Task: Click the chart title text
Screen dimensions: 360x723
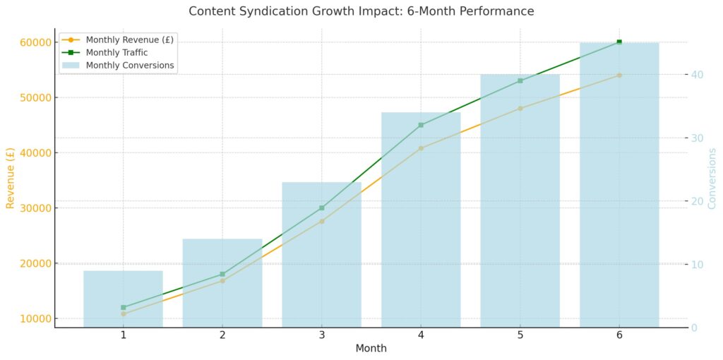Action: coord(361,11)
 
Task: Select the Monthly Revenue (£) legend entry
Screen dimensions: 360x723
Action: coord(129,40)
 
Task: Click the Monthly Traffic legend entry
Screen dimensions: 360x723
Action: coord(116,52)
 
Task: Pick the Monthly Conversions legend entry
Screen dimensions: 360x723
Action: coord(129,66)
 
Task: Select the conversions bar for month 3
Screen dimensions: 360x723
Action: coord(321,254)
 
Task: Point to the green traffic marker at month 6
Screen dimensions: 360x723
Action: coord(619,42)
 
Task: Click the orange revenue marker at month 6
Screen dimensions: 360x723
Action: coord(619,75)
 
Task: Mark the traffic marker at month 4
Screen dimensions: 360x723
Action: coord(421,125)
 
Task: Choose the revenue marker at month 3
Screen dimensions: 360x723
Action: coord(322,221)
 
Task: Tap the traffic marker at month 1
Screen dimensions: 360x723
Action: coord(124,307)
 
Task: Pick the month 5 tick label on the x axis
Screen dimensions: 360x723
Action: coord(520,335)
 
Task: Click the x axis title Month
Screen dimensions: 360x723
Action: coord(371,348)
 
